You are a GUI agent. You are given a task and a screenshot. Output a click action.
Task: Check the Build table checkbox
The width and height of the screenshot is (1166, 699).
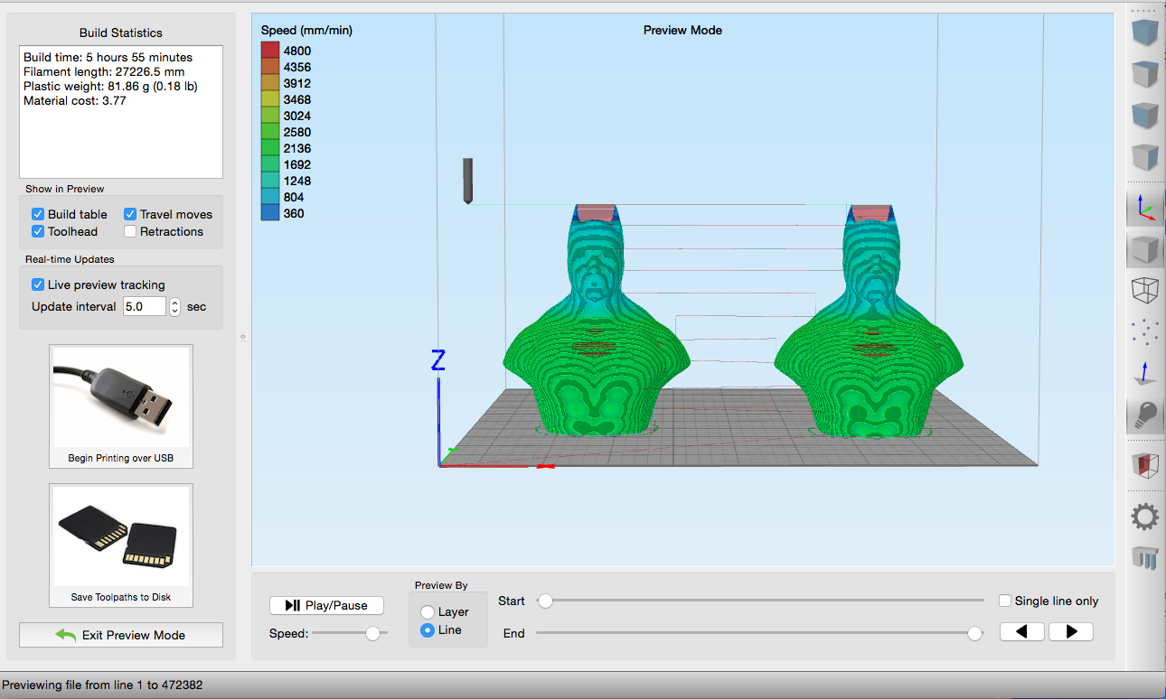click(37, 214)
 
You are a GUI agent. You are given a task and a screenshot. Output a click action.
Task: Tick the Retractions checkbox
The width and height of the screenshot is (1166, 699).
click(130, 231)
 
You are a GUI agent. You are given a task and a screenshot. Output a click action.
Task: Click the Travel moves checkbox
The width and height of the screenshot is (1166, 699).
click(130, 214)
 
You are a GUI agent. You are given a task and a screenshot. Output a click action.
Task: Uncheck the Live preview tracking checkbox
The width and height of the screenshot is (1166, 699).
click(37, 284)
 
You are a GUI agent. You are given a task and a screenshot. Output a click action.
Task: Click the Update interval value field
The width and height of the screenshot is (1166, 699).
click(145, 306)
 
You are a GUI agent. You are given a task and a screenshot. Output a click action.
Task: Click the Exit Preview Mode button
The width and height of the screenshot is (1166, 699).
click(121, 635)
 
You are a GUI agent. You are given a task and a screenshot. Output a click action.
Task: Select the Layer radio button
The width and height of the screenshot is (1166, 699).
click(428, 612)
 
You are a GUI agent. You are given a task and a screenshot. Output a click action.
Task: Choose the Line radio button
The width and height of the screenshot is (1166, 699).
click(428, 630)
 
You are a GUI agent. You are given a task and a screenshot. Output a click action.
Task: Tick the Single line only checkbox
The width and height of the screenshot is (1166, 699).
click(1005, 601)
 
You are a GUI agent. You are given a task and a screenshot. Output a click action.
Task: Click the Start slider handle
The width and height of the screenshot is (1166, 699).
click(545, 601)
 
